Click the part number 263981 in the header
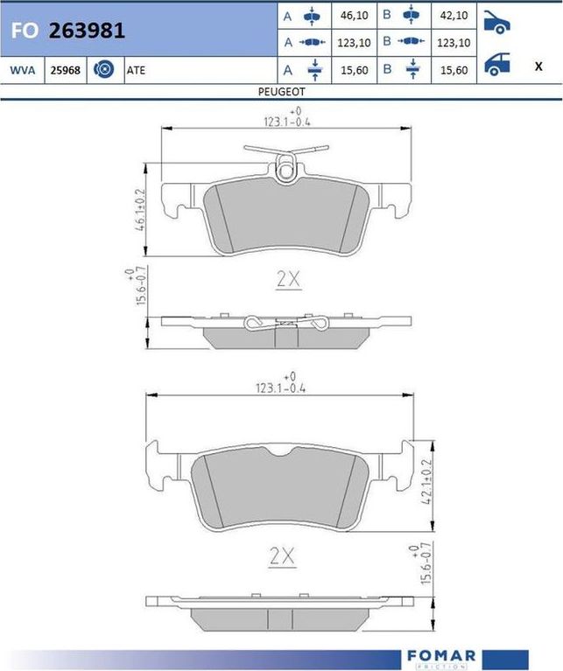coord(87,31)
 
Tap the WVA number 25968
coord(65,70)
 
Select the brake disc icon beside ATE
coord(104,69)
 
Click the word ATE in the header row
coord(136,70)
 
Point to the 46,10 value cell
coord(354,16)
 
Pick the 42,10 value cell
coord(454,16)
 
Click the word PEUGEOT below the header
coord(281,92)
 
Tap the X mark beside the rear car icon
coord(538,66)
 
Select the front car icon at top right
coord(496,22)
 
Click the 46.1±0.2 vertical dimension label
coord(140,210)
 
